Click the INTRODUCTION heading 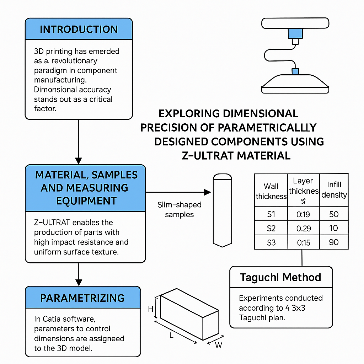(79, 29)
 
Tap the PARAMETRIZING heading (82, 298)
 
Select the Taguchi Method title (280, 277)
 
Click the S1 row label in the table (271, 214)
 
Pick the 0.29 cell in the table (304, 228)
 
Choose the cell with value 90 (333, 242)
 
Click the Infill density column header (334, 190)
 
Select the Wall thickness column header (271, 191)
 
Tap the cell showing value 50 (333, 214)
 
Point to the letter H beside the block (151, 309)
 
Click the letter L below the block (171, 335)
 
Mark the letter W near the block (219, 345)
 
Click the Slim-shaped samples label (179, 210)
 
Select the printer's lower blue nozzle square (295, 71)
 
